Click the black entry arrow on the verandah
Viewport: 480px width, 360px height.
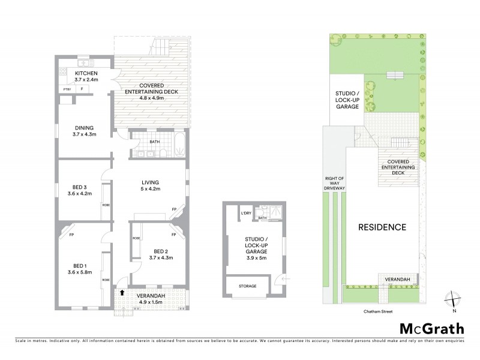coord(122,292)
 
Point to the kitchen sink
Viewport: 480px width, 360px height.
coord(85,62)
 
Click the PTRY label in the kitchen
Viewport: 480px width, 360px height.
coord(67,89)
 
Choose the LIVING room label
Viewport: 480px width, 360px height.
coord(149,183)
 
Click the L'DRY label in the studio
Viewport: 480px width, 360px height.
coord(245,214)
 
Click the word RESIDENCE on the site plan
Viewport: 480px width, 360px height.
coord(382,227)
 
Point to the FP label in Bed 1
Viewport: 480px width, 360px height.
coord(71,235)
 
